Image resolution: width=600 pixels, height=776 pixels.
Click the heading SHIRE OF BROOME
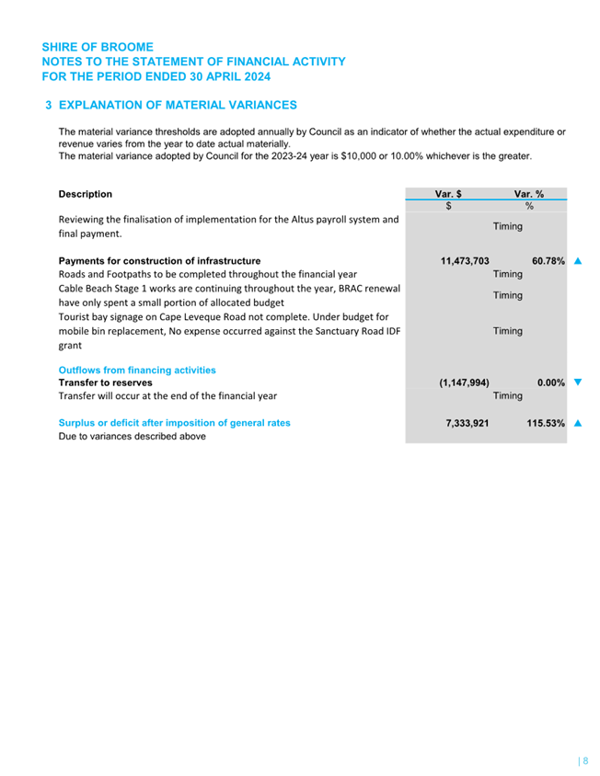click(x=98, y=47)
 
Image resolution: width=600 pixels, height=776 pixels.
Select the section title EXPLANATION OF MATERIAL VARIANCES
click(x=178, y=106)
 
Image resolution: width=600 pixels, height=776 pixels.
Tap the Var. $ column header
click(x=448, y=195)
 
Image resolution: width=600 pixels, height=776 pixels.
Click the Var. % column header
click(x=528, y=195)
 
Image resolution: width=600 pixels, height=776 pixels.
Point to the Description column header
click(x=86, y=195)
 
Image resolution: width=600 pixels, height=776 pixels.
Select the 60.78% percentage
click(x=548, y=261)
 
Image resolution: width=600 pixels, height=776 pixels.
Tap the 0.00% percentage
click(x=550, y=382)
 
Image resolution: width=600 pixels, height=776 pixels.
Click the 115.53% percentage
click(x=546, y=423)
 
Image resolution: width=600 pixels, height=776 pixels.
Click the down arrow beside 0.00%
click(x=577, y=382)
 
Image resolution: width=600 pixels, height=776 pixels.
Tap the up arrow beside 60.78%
click(x=577, y=261)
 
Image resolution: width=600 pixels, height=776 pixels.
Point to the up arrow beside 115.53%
click(x=577, y=423)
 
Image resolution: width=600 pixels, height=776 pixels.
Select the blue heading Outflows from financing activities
click(x=137, y=370)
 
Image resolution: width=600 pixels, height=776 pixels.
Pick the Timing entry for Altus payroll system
click(x=507, y=226)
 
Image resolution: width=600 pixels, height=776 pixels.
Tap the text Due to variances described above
click(x=132, y=437)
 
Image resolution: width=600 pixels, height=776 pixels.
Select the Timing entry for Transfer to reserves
click(x=507, y=396)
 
